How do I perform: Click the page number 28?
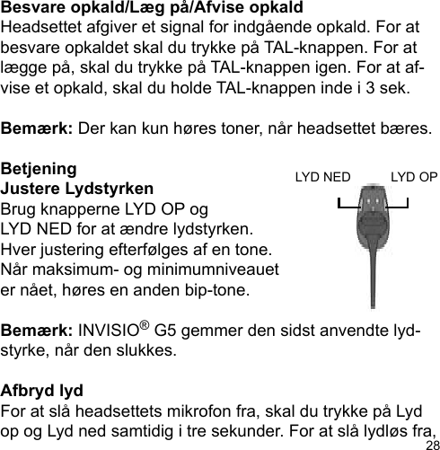431,443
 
